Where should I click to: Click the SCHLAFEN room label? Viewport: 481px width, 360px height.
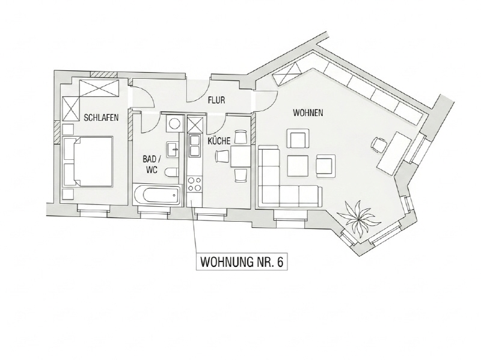pyautogui.click(x=101, y=118)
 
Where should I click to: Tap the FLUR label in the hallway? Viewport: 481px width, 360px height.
pyautogui.click(x=216, y=100)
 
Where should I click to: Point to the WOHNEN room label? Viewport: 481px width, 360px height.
pyautogui.click(x=308, y=113)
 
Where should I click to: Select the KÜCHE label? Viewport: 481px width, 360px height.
pyautogui.click(x=219, y=141)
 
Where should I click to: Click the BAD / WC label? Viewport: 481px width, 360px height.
pyautogui.click(x=152, y=164)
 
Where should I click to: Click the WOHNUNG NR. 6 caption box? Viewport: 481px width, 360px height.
pyautogui.click(x=242, y=262)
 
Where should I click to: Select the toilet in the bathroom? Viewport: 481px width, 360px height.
pyautogui.click(x=172, y=172)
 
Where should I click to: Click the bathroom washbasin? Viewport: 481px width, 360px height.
pyautogui.click(x=173, y=149)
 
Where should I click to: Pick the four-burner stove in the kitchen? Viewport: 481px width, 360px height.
pyautogui.click(x=194, y=184)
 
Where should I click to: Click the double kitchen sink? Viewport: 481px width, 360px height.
pyautogui.click(x=194, y=145)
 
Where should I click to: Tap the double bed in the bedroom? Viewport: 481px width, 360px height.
pyautogui.click(x=87, y=161)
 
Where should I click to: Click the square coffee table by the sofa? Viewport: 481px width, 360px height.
pyautogui.click(x=298, y=166)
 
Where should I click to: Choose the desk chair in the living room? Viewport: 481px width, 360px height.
pyautogui.click(x=379, y=144)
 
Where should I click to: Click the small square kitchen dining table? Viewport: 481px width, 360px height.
pyautogui.click(x=240, y=156)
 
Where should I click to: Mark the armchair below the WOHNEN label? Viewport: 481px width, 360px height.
pyautogui.click(x=298, y=139)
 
